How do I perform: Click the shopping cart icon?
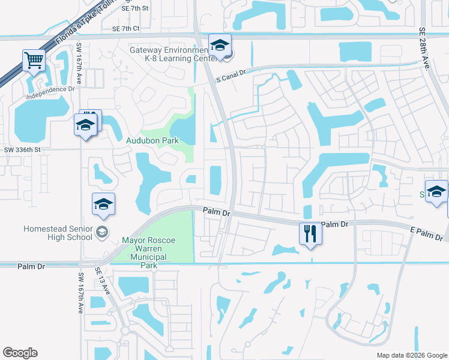point(34,60)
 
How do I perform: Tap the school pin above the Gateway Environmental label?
point(220,46)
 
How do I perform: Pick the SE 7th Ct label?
point(125,28)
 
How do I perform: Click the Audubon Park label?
point(152,140)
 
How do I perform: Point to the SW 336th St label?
point(22,149)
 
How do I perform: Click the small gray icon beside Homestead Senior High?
point(102,232)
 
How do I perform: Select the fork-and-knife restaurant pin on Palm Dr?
point(310,233)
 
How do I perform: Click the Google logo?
point(20,353)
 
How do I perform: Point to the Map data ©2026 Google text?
point(411,355)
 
